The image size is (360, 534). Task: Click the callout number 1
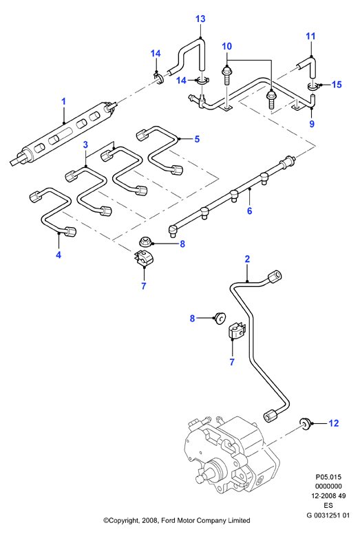coord(63,101)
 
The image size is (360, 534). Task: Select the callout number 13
coord(200,19)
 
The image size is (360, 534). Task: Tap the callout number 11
coord(310,36)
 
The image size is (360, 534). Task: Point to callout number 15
coord(337,85)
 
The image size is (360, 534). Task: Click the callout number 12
coord(334,423)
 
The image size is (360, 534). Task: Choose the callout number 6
coord(250,211)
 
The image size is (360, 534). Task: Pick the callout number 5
coord(197,139)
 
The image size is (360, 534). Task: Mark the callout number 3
coord(85,145)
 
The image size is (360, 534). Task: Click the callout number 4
coord(59,255)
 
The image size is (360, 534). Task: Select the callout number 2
coord(247,259)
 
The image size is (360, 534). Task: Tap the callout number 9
coord(312,124)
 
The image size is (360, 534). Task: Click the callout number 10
coord(227,46)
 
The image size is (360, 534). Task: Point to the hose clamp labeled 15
coord(313,87)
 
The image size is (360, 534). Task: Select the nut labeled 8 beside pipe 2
coord(220,319)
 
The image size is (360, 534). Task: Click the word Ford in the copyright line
coord(167,520)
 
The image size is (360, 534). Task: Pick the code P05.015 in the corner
coord(328,477)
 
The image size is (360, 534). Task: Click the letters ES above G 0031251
coord(328,505)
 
